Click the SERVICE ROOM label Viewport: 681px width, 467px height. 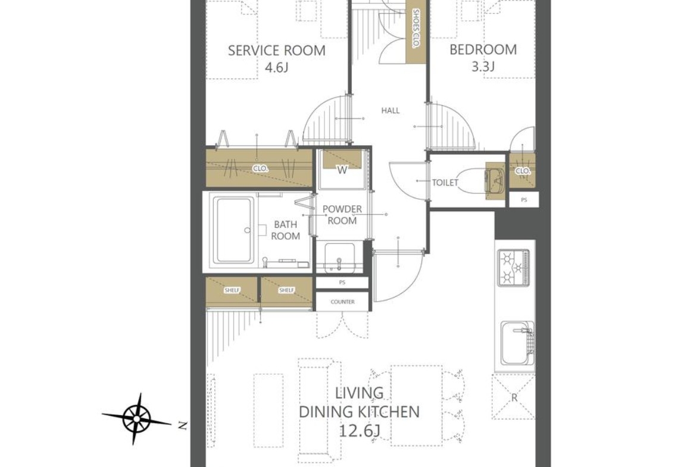click(277, 51)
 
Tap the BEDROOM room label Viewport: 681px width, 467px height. click(483, 49)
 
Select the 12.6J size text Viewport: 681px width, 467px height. click(359, 431)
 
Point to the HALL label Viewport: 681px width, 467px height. click(391, 111)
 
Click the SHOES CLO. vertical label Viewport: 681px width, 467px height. click(416, 30)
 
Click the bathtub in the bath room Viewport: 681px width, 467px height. click(234, 230)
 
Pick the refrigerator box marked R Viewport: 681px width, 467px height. click(514, 397)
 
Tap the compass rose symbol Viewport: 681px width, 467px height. click(136, 419)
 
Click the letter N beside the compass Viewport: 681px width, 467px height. click(183, 426)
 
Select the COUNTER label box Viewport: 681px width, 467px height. click(342, 302)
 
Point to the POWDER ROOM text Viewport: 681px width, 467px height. click(342, 215)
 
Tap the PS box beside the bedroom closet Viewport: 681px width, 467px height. click(524, 200)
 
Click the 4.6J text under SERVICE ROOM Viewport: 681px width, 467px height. click(277, 68)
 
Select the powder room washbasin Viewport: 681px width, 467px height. click(340, 258)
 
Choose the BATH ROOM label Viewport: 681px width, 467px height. click(285, 230)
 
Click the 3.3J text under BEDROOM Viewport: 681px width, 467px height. click(483, 67)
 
